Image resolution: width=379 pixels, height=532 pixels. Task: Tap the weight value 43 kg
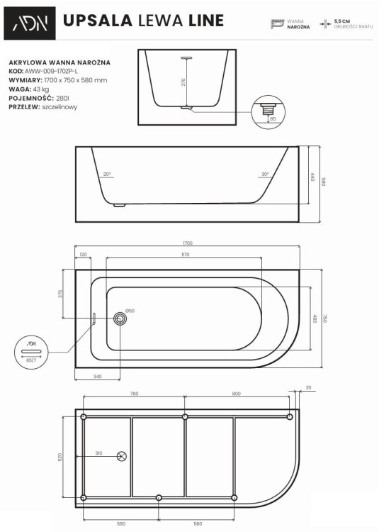pyautogui.click(x=42, y=89)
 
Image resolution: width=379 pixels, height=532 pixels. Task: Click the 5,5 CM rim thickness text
pyautogui.click(x=343, y=21)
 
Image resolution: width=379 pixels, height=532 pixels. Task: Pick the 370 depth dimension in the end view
pyautogui.click(x=183, y=82)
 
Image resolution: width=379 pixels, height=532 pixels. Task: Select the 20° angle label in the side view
pyautogui.click(x=107, y=174)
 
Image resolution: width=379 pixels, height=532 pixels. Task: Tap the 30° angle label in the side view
pyautogui.click(x=264, y=174)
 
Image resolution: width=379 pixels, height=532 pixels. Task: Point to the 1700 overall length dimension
pyautogui.click(x=187, y=243)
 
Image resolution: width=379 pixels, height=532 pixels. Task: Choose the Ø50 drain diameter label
pyautogui.click(x=130, y=311)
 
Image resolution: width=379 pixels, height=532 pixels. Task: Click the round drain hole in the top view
pyautogui.click(x=120, y=319)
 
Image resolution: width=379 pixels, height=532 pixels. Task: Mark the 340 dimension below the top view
pyautogui.click(x=97, y=377)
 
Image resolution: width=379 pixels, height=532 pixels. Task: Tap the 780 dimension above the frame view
pyautogui.click(x=134, y=393)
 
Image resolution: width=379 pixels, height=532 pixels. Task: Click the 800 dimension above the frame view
pyautogui.click(x=237, y=393)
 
